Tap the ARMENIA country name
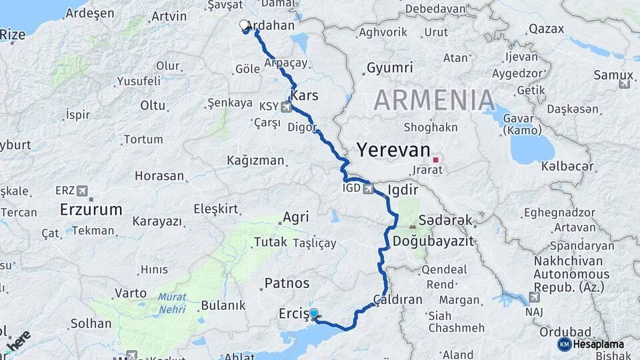point(434,100)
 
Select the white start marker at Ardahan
point(244,25)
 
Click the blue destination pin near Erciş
point(313,313)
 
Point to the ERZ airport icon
point(82,190)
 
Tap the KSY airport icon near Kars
point(287,107)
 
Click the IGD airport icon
point(368,189)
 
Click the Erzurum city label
point(91,209)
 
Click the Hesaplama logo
point(592,344)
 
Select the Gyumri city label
point(390,68)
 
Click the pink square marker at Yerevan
point(435,160)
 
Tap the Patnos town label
point(287,283)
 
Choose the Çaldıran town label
point(398,299)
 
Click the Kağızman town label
point(255,161)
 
